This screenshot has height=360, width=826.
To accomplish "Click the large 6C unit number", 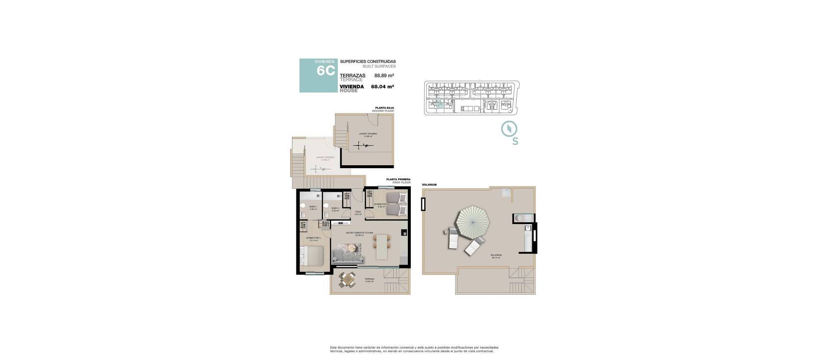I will point(325,71).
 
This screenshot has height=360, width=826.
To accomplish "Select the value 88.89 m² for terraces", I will point(384,76).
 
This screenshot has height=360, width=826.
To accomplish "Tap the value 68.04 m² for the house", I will point(383,86).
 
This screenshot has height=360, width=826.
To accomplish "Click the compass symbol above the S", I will point(509,129).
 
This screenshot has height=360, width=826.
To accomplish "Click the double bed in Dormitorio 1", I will point(313,257).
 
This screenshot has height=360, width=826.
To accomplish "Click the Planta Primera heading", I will point(398,179).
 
